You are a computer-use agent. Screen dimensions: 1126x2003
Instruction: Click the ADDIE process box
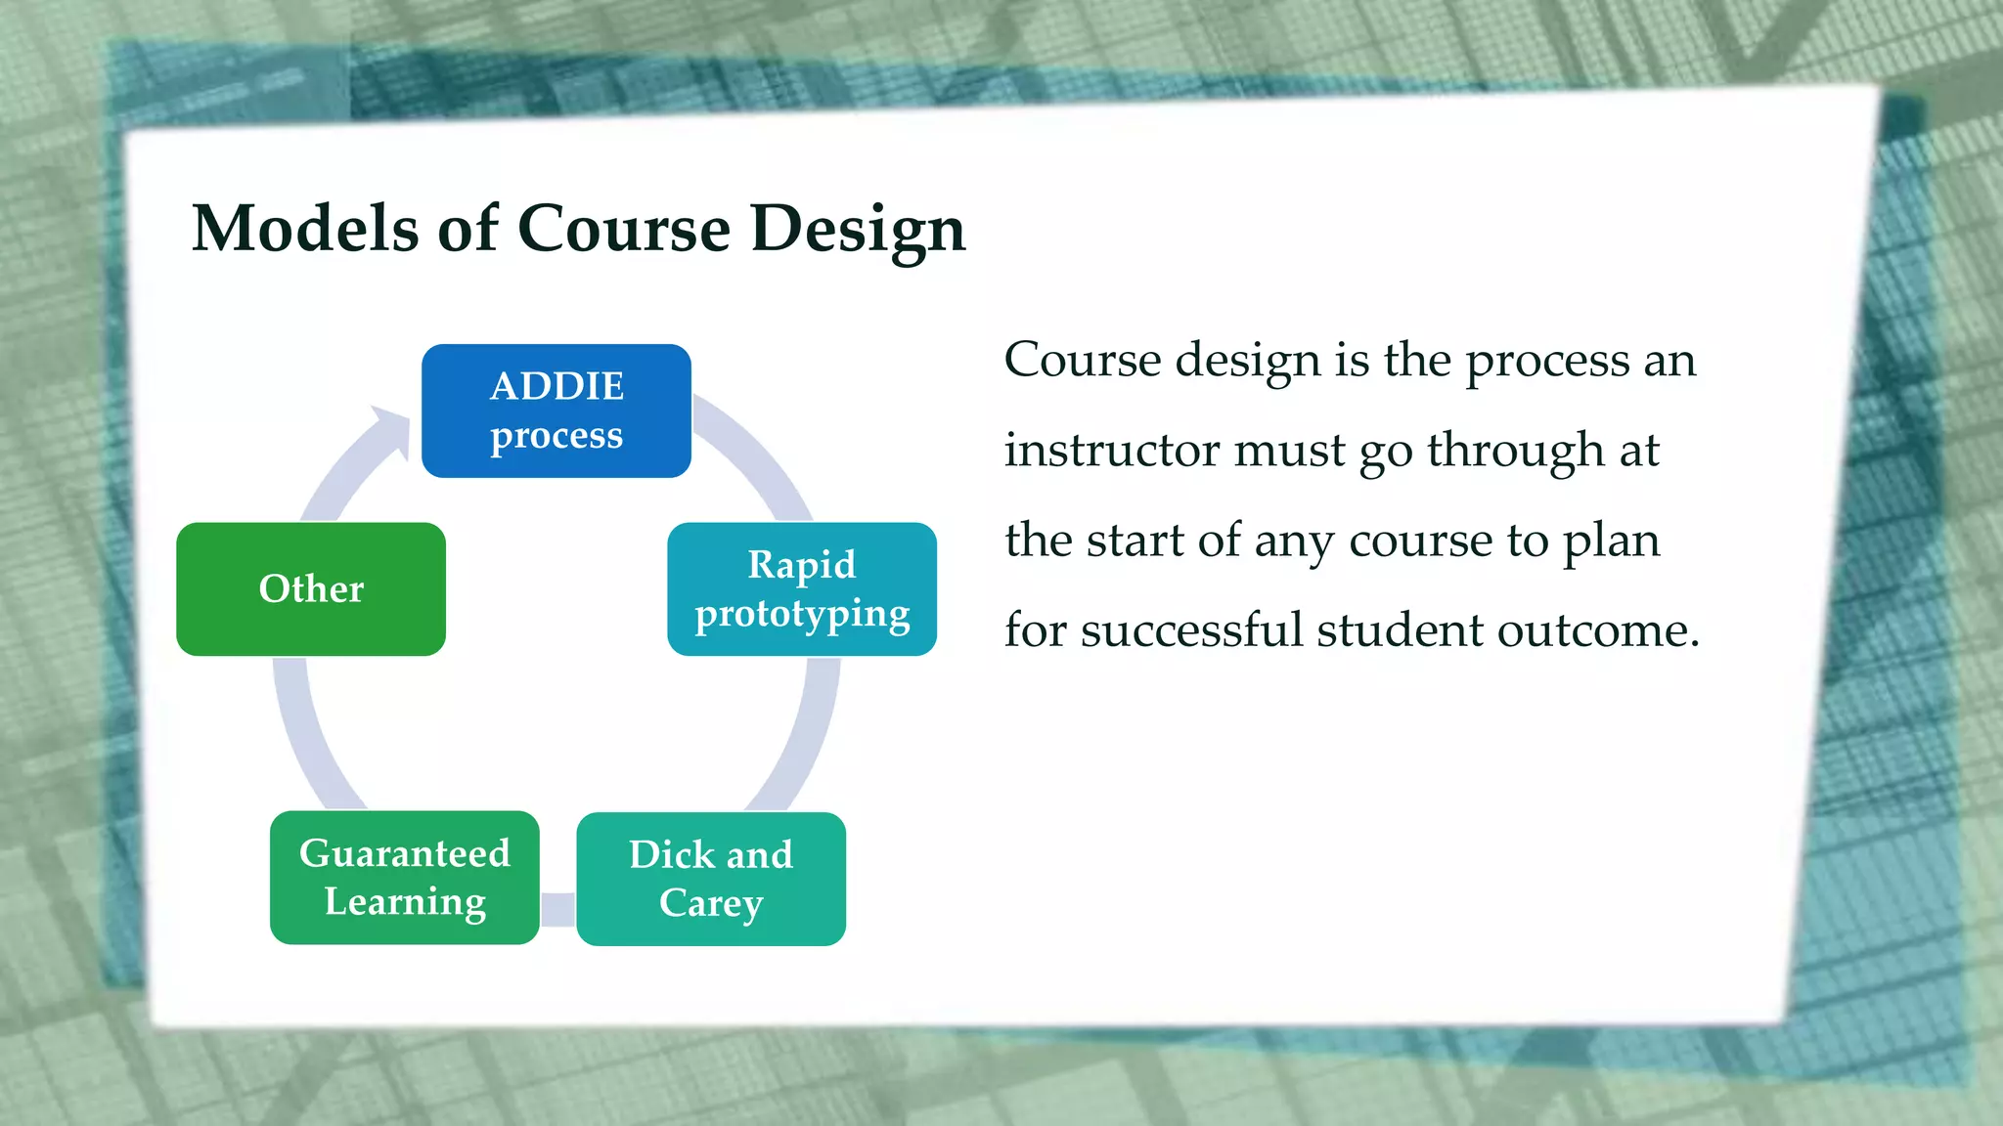click(556, 411)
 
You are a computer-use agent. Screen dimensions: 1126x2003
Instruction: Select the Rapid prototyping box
click(802, 588)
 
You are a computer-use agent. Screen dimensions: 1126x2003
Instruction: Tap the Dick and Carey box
click(711, 879)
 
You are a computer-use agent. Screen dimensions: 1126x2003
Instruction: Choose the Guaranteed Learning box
click(405, 877)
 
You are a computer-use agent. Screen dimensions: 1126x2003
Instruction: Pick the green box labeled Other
click(311, 588)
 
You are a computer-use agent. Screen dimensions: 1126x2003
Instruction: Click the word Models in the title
click(305, 229)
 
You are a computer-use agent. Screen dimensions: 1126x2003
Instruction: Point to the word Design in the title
click(858, 229)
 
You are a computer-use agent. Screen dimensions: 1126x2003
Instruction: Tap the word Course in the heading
click(623, 229)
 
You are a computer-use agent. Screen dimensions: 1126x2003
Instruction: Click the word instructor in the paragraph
click(1110, 451)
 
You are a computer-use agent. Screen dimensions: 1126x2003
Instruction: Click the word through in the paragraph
click(1515, 451)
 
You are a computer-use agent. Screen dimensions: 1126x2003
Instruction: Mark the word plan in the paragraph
click(1611, 541)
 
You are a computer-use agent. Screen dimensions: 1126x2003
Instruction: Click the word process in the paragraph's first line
click(1546, 361)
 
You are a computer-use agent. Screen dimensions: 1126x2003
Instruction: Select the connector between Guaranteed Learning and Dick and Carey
click(557, 909)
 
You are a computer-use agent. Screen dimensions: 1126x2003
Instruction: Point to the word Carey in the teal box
click(711, 903)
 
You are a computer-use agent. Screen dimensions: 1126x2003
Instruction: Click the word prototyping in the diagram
click(802, 614)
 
